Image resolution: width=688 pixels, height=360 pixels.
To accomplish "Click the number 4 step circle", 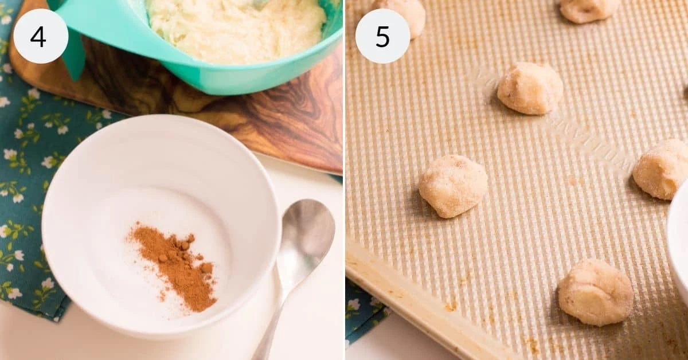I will [40, 36].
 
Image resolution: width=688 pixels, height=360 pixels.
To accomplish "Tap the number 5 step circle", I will [382, 36].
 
